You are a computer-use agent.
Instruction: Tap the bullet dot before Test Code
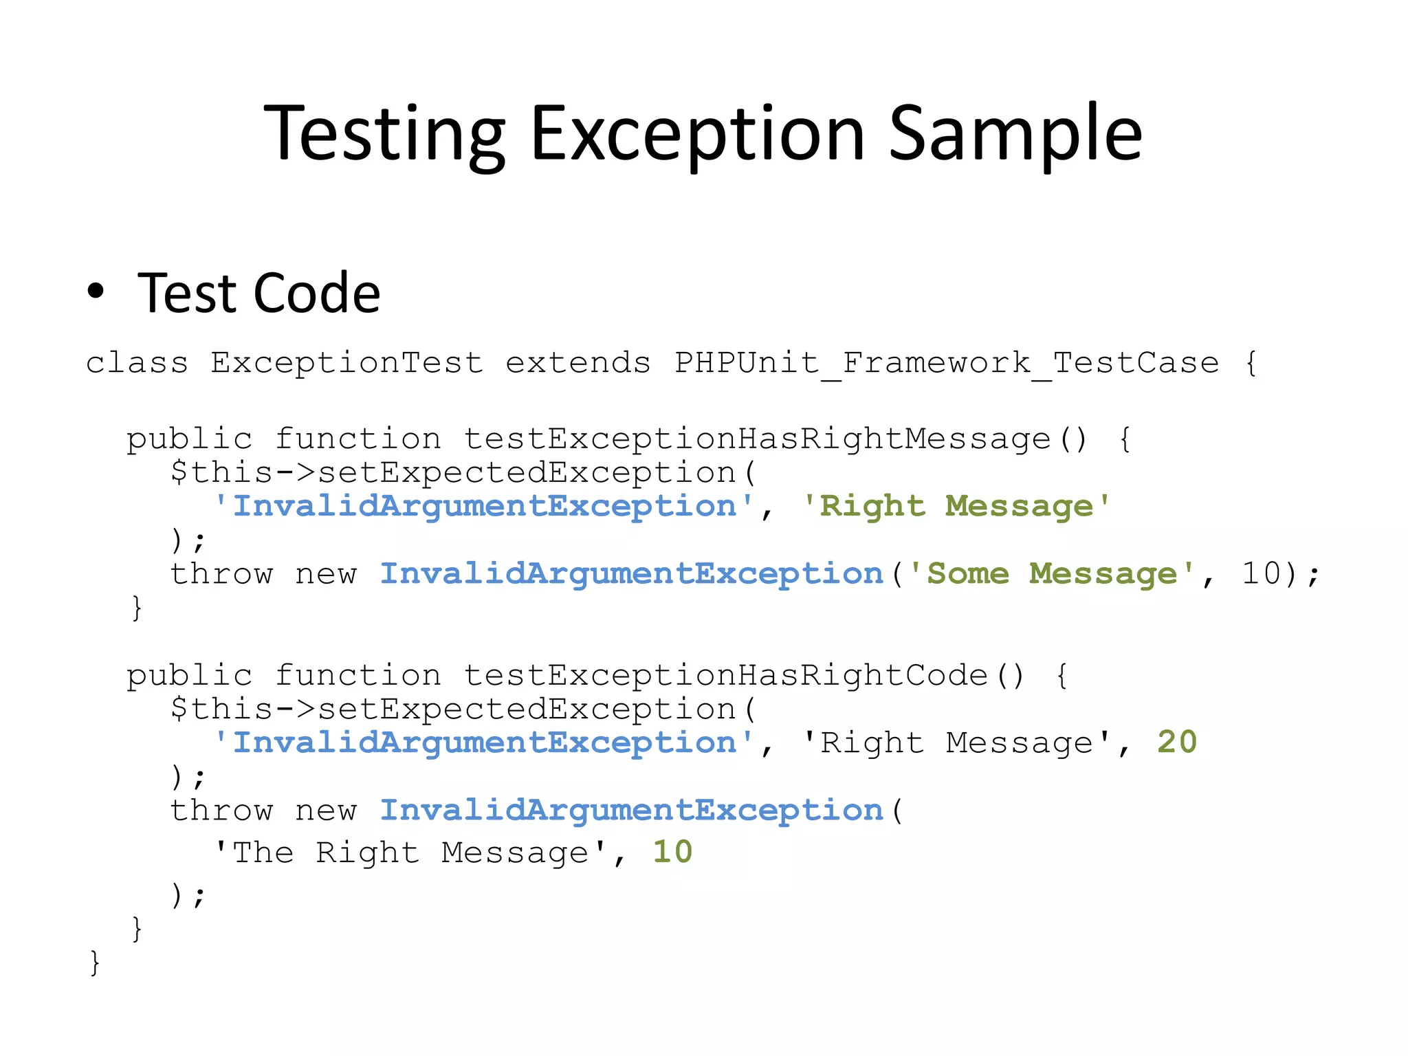click(96, 291)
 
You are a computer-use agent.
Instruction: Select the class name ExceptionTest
click(346, 363)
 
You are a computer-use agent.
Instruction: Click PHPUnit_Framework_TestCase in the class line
click(946, 363)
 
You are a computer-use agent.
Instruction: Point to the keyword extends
click(577, 363)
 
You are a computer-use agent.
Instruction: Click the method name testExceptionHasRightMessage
click(756, 439)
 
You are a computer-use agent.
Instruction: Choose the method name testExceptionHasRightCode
click(725, 676)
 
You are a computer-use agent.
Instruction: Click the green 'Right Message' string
click(956, 507)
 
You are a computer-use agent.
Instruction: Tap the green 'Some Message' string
click(1052, 574)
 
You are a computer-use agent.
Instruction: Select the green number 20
click(1176, 742)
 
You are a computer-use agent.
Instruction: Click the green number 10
click(672, 852)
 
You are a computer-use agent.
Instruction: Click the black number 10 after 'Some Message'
click(1261, 574)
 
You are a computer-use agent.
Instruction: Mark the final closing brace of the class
click(95, 962)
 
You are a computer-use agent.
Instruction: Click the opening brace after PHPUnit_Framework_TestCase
click(1251, 363)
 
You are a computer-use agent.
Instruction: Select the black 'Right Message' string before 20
click(956, 743)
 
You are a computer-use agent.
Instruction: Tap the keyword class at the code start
click(137, 363)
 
